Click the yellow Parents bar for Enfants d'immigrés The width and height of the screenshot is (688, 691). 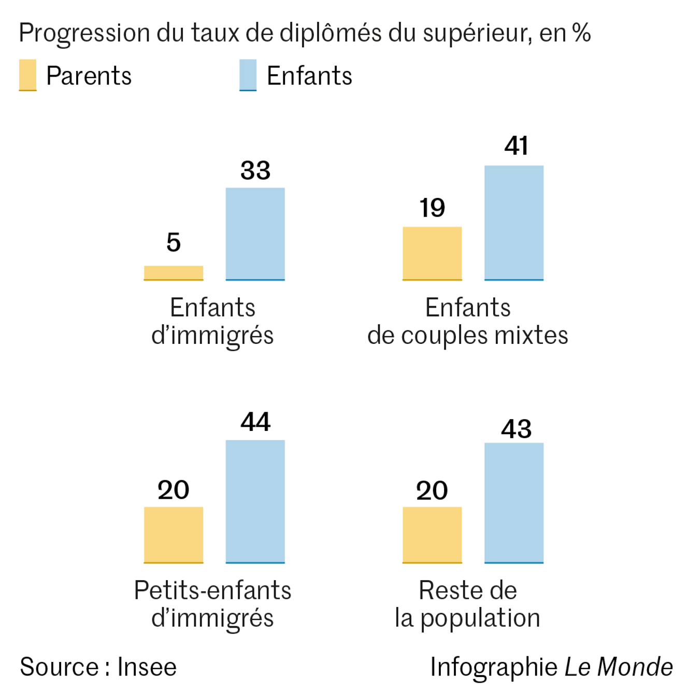click(174, 273)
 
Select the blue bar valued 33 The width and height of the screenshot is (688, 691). click(255, 234)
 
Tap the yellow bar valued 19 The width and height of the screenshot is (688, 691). click(432, 253)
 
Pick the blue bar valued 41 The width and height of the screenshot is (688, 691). click(514, 223)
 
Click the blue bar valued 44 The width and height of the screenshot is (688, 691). click(255, 501)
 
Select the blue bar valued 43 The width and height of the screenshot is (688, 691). click(514, 502)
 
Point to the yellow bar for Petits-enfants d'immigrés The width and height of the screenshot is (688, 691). click(174, 535)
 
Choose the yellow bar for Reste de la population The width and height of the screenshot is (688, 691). click(432, 535)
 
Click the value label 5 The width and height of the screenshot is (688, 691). click(174, 242)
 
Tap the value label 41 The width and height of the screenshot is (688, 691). click(516, 146)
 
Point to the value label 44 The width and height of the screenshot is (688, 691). click(255, 422)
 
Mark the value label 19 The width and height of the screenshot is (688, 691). click(432, 208)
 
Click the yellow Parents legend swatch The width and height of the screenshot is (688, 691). click(27, 75)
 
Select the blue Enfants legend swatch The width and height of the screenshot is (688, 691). click(248, 75)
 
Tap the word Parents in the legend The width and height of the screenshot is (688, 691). click(89, 76)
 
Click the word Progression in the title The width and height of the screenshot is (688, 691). click(84, 33)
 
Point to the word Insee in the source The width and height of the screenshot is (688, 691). click(147, 667)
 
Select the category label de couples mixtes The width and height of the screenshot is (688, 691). click(467, 335)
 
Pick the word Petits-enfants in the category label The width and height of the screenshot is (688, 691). click(212, 591)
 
